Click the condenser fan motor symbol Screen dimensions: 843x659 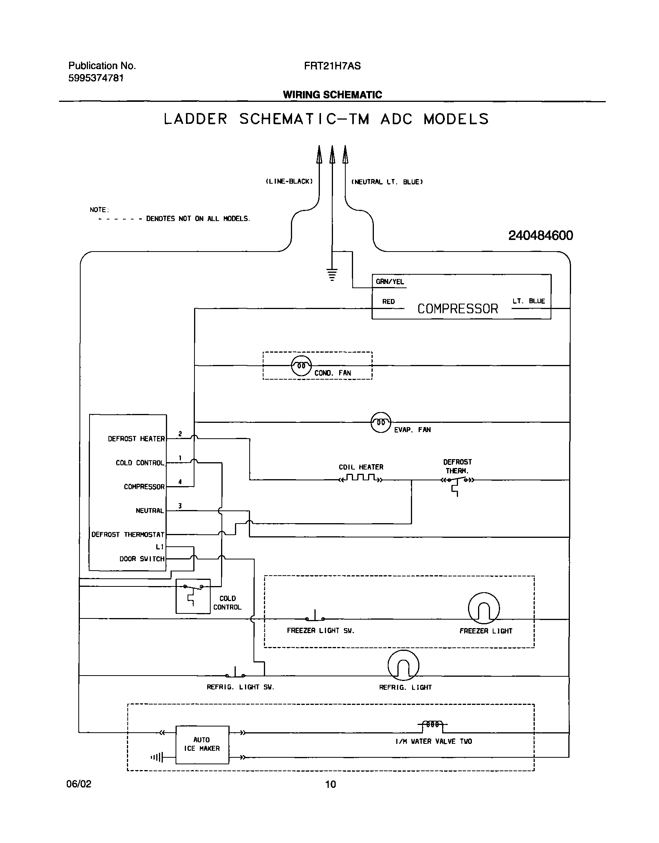tap(301, 365)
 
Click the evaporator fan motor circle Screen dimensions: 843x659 tap(381, 423)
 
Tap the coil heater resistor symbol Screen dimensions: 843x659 tap(361, 479)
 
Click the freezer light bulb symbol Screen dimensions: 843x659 tap(484, 608)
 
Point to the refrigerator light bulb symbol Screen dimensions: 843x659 tap(403, 665)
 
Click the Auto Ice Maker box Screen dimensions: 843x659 tap(202, 744)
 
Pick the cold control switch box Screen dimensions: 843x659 tap(193, 596)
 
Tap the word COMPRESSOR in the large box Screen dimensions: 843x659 tap(458, 309)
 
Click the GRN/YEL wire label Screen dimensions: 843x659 tap(390, 282)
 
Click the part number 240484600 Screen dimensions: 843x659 tap(541, 235)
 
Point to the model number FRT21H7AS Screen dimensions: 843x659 tap(332, 66)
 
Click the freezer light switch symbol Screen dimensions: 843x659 tap(315, 617)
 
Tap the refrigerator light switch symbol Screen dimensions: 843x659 tap(235, 673)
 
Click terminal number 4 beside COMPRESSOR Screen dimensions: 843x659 tap(180, 482)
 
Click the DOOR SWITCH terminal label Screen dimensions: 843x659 tap(142, 559)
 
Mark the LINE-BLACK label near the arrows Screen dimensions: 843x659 tap(289, 181)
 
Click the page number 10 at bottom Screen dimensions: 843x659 tap(331, 784)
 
